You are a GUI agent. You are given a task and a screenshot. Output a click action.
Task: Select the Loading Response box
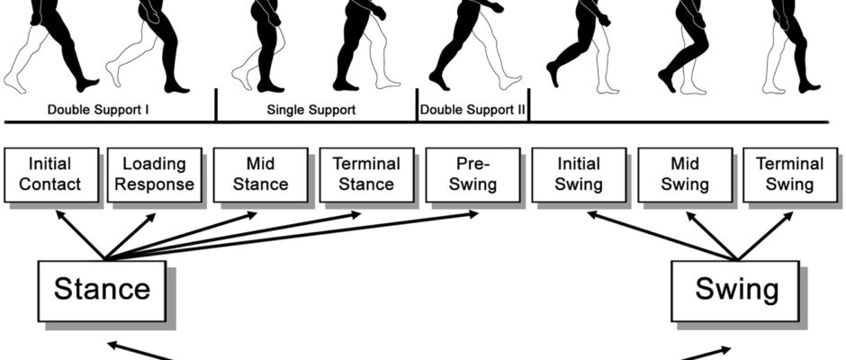coord(154,175)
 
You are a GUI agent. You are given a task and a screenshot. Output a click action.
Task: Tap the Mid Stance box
coord(260,175)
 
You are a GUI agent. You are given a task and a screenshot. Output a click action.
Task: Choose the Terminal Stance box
coord(366,175)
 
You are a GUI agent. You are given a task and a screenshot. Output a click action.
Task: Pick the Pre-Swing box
coord(472,175)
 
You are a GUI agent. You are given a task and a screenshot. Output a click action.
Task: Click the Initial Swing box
coord(579,175)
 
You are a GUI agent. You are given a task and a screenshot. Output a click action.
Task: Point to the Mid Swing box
coord(685,175)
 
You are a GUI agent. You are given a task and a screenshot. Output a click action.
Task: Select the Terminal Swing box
coord(789,175)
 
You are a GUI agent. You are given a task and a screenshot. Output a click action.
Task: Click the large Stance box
coord(101,289)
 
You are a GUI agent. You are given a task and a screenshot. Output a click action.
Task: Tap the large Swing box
coord(736,289)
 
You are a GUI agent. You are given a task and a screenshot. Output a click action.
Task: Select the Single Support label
coord(311,111)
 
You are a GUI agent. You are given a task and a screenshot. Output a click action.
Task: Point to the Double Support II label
coord(473,111)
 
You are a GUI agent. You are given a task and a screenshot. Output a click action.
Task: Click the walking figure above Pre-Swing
coord(472,45)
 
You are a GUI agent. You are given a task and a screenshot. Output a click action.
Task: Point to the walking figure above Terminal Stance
coord(364,45)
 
